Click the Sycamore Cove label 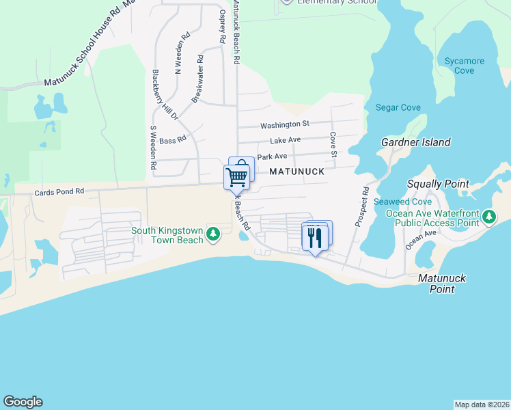click(465, 66)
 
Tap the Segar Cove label click(398, 107)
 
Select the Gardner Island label click(416, 142)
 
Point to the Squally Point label click(438, 184)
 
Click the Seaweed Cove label click(403, 202)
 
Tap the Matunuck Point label click(437, 284)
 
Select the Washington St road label click(285, 124)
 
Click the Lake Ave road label click(285, 140)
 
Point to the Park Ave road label click(272, 156)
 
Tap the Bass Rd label click(172, 140)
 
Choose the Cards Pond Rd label click(59, 193)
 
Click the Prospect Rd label click(362, 207)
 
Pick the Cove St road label click(333, 145)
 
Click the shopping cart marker click(236, 176)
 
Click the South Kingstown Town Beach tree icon click(214, 234)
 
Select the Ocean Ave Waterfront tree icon click(488, 217)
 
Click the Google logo click(23, 402)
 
